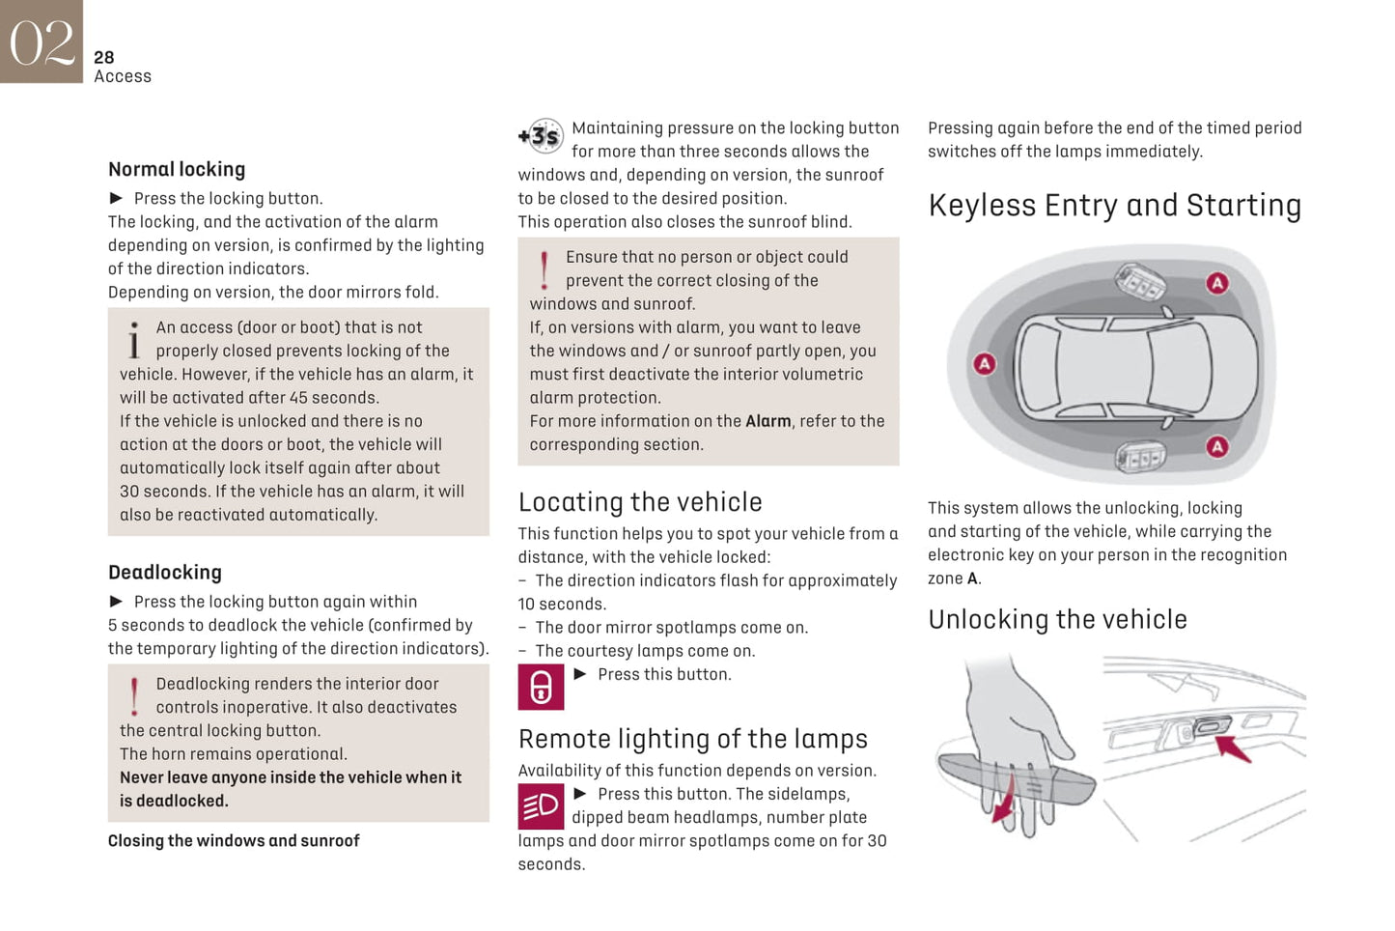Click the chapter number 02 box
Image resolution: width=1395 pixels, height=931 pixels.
point(42,42)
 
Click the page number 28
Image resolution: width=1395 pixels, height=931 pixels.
point(104,58)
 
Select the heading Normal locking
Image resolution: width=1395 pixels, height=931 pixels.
point(177,170)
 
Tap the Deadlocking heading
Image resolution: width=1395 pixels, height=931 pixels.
point(165,573)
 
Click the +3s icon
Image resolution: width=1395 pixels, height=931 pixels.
point(540,137)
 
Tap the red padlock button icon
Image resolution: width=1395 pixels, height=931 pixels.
point(541,687)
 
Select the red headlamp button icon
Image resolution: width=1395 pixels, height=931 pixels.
point(541,805)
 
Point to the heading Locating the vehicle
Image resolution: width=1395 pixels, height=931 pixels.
point(640,502)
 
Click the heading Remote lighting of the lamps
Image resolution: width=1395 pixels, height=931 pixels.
point(692,739)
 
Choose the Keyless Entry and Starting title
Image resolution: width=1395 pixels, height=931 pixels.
point(1114,206)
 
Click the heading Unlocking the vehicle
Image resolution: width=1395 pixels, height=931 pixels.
point(1057,620)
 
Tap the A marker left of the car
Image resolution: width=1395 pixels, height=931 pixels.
point(984,364)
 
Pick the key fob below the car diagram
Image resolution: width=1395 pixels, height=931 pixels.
point(1141,456)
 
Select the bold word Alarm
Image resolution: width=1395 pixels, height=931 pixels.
point(767,421)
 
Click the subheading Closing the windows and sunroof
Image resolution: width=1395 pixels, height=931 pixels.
point(234,841)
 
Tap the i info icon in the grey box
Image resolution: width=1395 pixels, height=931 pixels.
point(134,340)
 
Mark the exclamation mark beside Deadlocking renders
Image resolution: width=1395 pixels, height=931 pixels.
point(134,695)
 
